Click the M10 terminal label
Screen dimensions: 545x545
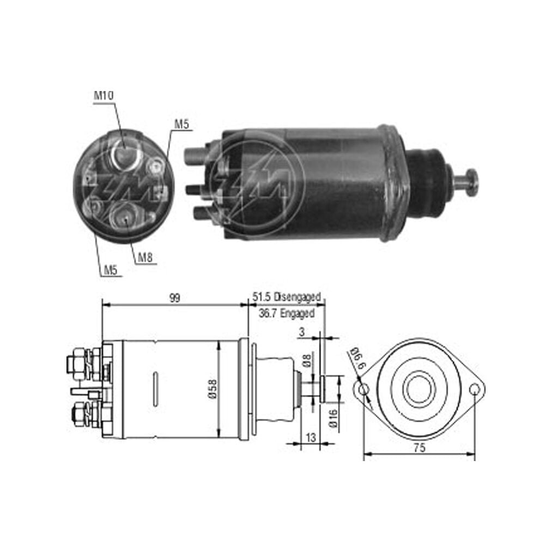point(104,95)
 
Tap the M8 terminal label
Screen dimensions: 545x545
point(146,258)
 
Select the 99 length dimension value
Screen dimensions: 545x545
point(174,298)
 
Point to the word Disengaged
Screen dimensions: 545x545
point(297,298)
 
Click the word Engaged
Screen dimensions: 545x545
point(297,313)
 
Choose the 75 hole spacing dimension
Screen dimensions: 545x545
point(419,447)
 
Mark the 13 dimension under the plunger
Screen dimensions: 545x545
point(311,437)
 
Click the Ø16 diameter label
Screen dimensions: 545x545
point(332,418)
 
